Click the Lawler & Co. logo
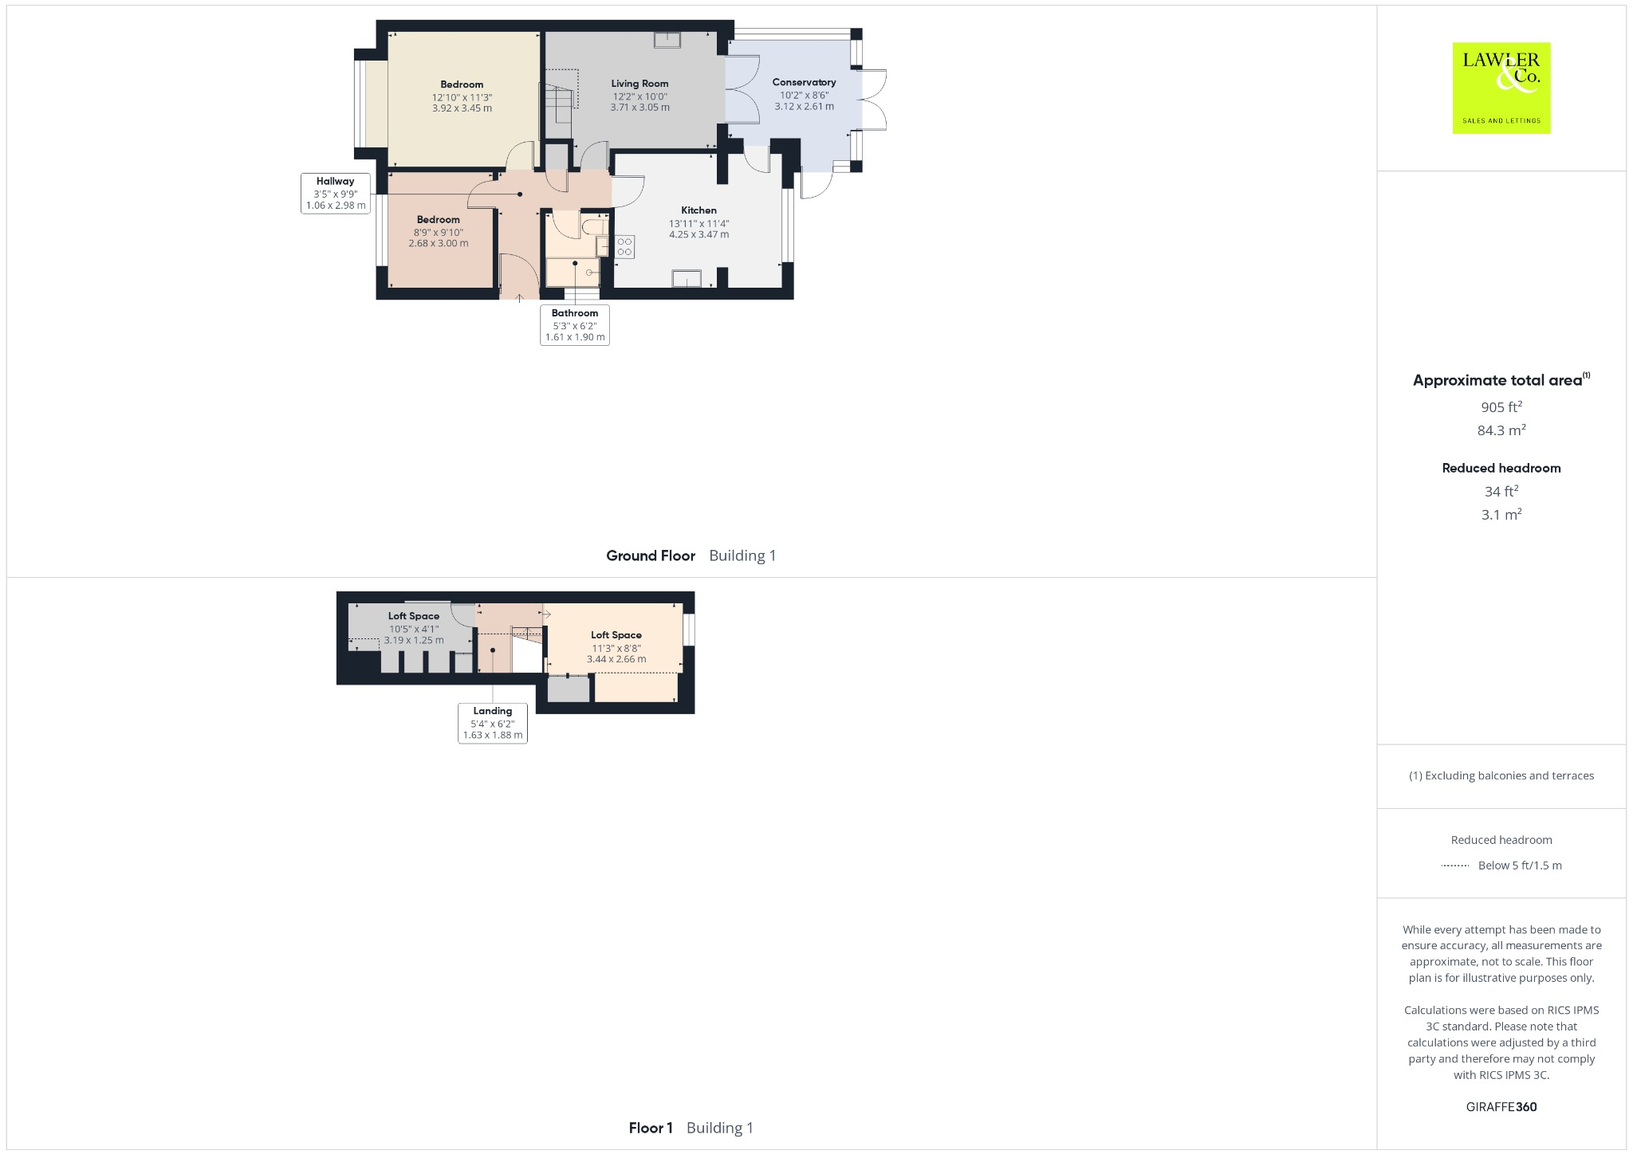click(x=1501, y=88)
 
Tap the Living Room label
click(x=639, y=84)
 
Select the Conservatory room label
click(x=804, y=82)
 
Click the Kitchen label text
click(x=698, y=210)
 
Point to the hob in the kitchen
click(x=624, y=246)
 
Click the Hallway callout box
click(x=336, y=194)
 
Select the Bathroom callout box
click(x=574, y=325)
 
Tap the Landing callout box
click(x=492, y=723)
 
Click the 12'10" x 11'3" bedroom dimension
click(x=462, y=97)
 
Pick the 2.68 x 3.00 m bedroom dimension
click(x=439, y=244)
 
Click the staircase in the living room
click(x=561, y=99)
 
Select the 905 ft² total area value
click(x=1501, y=407)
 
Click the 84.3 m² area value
click(x=1501, y=430)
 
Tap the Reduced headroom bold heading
click(x=1501, y=469)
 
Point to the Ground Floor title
click(x=651, y=556)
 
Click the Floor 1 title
click(x=651, y=1128)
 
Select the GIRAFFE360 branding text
click(x=1501, y=1107)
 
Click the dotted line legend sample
click(x=1455, y=865)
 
